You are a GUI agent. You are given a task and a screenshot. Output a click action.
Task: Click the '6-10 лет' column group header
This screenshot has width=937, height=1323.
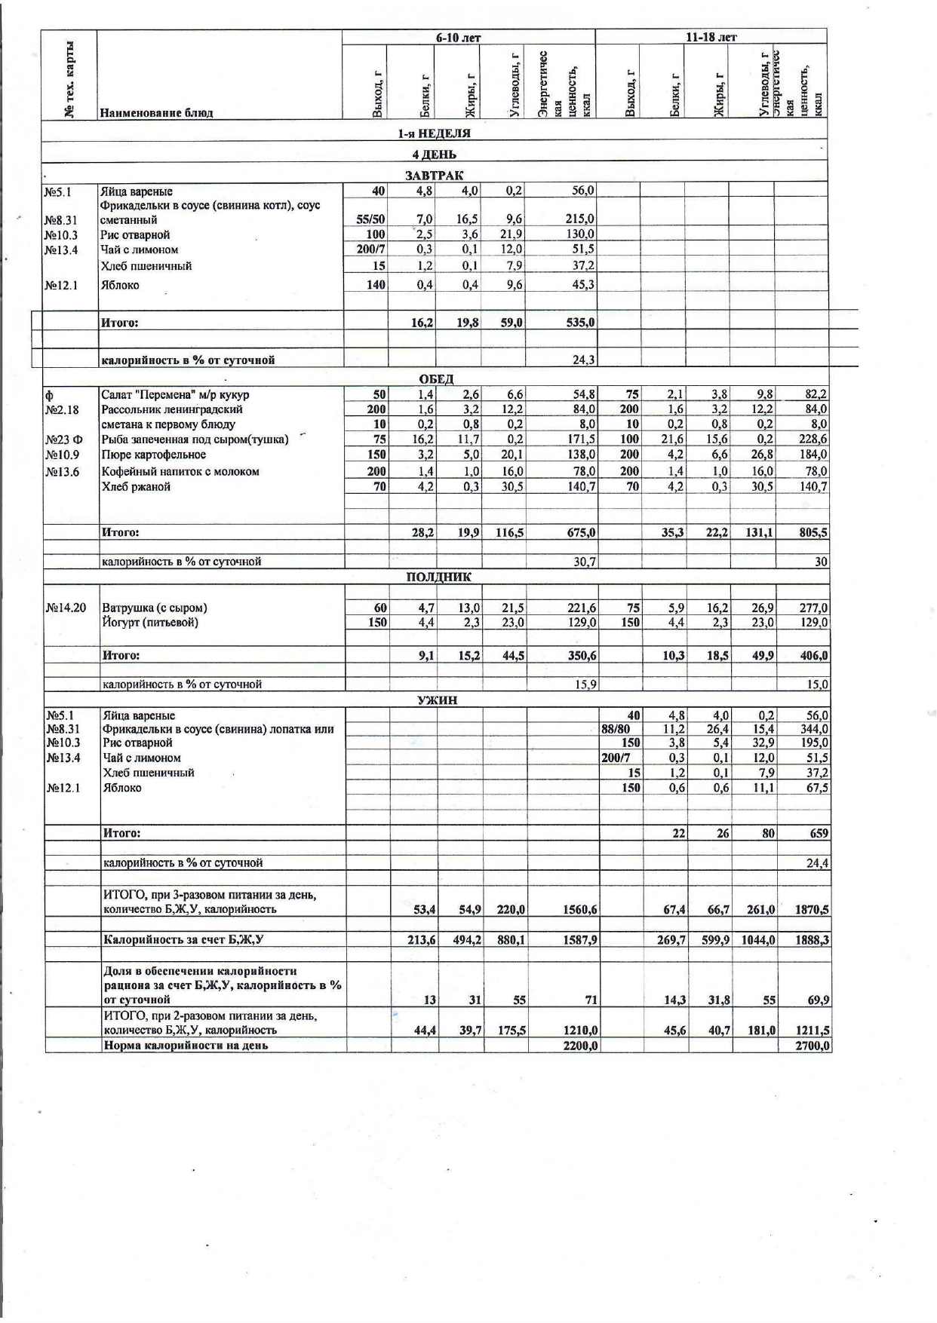coord(458,38)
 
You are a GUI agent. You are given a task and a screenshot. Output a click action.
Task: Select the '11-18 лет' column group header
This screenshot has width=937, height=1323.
coord(711,37)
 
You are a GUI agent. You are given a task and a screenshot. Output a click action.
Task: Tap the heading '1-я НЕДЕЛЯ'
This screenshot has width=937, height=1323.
coord(435,133)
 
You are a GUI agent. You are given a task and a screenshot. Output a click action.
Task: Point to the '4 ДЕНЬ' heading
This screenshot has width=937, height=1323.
coord(434,155)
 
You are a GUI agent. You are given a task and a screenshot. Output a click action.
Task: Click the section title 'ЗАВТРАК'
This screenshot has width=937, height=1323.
coord(435,175)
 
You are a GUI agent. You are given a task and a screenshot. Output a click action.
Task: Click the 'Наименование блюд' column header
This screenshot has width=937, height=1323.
coord(157,113)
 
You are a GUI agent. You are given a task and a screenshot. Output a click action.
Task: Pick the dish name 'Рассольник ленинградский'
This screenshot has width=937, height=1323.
coord(172,409)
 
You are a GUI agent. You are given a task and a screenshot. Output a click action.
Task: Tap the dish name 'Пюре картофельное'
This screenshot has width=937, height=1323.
coord(154,455)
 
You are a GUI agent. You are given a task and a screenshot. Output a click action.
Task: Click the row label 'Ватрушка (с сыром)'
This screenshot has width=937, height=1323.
coord(155,608)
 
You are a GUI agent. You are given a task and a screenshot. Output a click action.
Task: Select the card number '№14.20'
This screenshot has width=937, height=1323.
coord(66,608)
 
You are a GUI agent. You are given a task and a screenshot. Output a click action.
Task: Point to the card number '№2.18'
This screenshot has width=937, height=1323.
coord(62,410)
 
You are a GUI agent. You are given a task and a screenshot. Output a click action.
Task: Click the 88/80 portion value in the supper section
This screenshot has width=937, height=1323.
coord(616,729)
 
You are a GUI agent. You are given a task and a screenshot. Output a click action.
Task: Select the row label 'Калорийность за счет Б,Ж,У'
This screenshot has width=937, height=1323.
coord(183,939)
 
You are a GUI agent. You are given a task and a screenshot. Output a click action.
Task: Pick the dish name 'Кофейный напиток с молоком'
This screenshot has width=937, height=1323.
coord(180,471)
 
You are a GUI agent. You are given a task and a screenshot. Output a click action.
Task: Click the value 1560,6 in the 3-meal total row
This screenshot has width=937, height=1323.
coord(579,910)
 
